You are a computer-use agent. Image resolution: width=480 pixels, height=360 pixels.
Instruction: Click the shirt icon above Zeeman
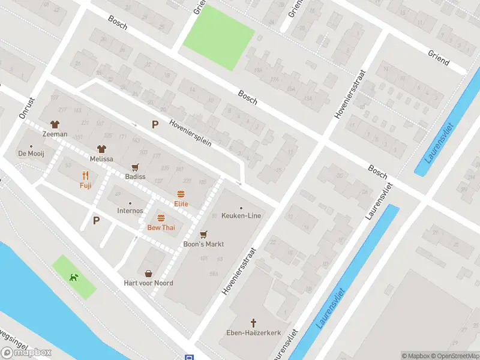pos(55,125)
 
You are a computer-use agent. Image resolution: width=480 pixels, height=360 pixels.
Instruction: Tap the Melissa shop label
pos(101,159)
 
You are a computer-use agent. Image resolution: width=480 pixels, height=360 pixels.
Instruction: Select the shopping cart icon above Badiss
pos(135,167)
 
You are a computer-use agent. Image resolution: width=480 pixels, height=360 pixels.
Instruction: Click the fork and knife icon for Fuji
pos(86,176)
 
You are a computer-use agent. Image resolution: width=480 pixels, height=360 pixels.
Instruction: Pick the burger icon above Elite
pos(181,194)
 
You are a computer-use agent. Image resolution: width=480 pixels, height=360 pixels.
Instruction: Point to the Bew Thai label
pos(161,228)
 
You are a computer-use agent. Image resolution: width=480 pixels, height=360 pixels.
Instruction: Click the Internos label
pos(130,211)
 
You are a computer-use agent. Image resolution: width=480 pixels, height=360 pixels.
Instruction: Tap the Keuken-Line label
pos(241,215)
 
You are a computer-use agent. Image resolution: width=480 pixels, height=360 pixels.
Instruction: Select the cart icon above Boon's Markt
pos(203,235)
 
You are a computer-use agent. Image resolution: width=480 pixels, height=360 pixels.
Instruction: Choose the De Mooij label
pos(31,154)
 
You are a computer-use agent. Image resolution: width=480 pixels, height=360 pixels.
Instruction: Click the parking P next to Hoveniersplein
pos(155,125)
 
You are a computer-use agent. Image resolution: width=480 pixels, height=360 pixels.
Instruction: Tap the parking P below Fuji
pos(96,220)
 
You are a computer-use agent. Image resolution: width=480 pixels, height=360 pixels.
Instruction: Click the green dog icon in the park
pos(73,277)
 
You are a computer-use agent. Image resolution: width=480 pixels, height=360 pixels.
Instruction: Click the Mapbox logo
pos(26,352)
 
